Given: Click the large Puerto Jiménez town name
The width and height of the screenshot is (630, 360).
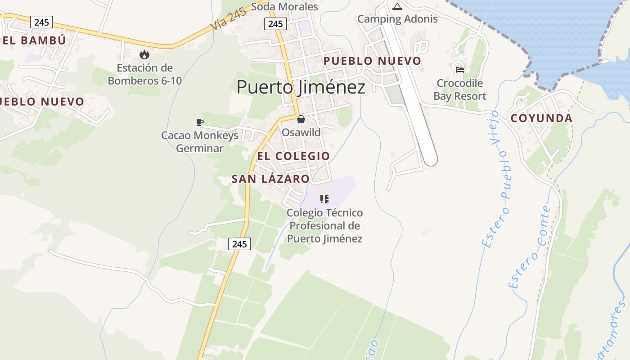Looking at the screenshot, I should (301, 87).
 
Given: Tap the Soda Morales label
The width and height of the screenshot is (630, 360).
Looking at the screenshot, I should (284, 7).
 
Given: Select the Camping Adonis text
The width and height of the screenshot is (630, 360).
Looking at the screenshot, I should (397, 19).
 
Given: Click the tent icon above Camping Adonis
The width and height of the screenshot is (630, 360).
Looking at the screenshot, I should (397, 6).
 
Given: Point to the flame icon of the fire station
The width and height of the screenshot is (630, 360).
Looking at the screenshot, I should (144, 54).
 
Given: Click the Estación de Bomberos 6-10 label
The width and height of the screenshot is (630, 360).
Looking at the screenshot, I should (144, 74).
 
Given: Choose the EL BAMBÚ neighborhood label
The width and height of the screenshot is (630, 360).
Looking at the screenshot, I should (34, 40).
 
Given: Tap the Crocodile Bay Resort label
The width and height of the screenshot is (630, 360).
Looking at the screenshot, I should (459, 90).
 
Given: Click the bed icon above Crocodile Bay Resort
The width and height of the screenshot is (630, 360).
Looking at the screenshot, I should (459, 69).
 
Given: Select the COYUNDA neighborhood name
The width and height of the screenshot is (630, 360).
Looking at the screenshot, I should (541, 118).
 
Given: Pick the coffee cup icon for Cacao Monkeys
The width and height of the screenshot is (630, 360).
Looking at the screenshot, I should (200, 121).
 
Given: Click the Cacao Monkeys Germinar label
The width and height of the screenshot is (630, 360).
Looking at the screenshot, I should (200, 142).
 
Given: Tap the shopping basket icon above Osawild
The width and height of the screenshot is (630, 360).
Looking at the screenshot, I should (301, 119).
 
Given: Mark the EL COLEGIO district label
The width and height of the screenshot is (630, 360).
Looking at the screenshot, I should (293, 156).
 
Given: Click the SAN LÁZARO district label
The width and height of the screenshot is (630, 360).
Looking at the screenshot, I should (270, 179).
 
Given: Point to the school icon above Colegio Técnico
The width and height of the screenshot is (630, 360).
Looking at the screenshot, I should (324, 199).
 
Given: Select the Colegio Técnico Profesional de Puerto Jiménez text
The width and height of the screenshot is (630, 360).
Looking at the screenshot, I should (324, 225).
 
